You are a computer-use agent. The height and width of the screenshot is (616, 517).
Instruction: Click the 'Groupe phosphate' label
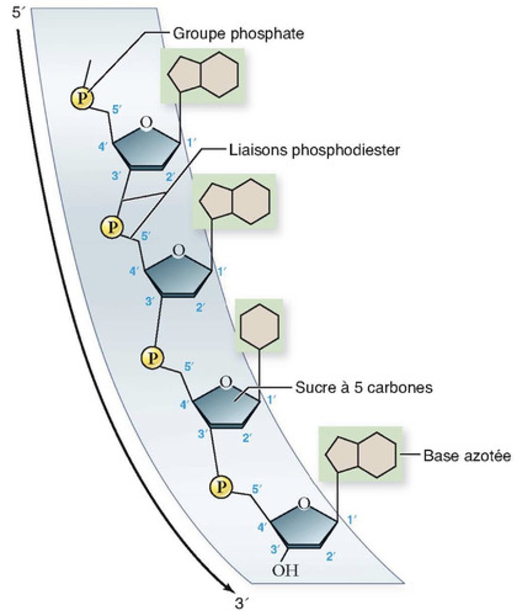point(238,34)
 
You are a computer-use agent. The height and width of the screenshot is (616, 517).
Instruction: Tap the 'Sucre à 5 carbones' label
point(364,387)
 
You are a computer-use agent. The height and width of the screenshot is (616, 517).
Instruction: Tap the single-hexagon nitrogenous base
point(260,326)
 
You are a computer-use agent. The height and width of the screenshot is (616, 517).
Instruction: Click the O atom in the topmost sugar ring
point(146,123)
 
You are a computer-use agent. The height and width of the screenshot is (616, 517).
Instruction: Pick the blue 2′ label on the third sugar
point(248,437)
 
